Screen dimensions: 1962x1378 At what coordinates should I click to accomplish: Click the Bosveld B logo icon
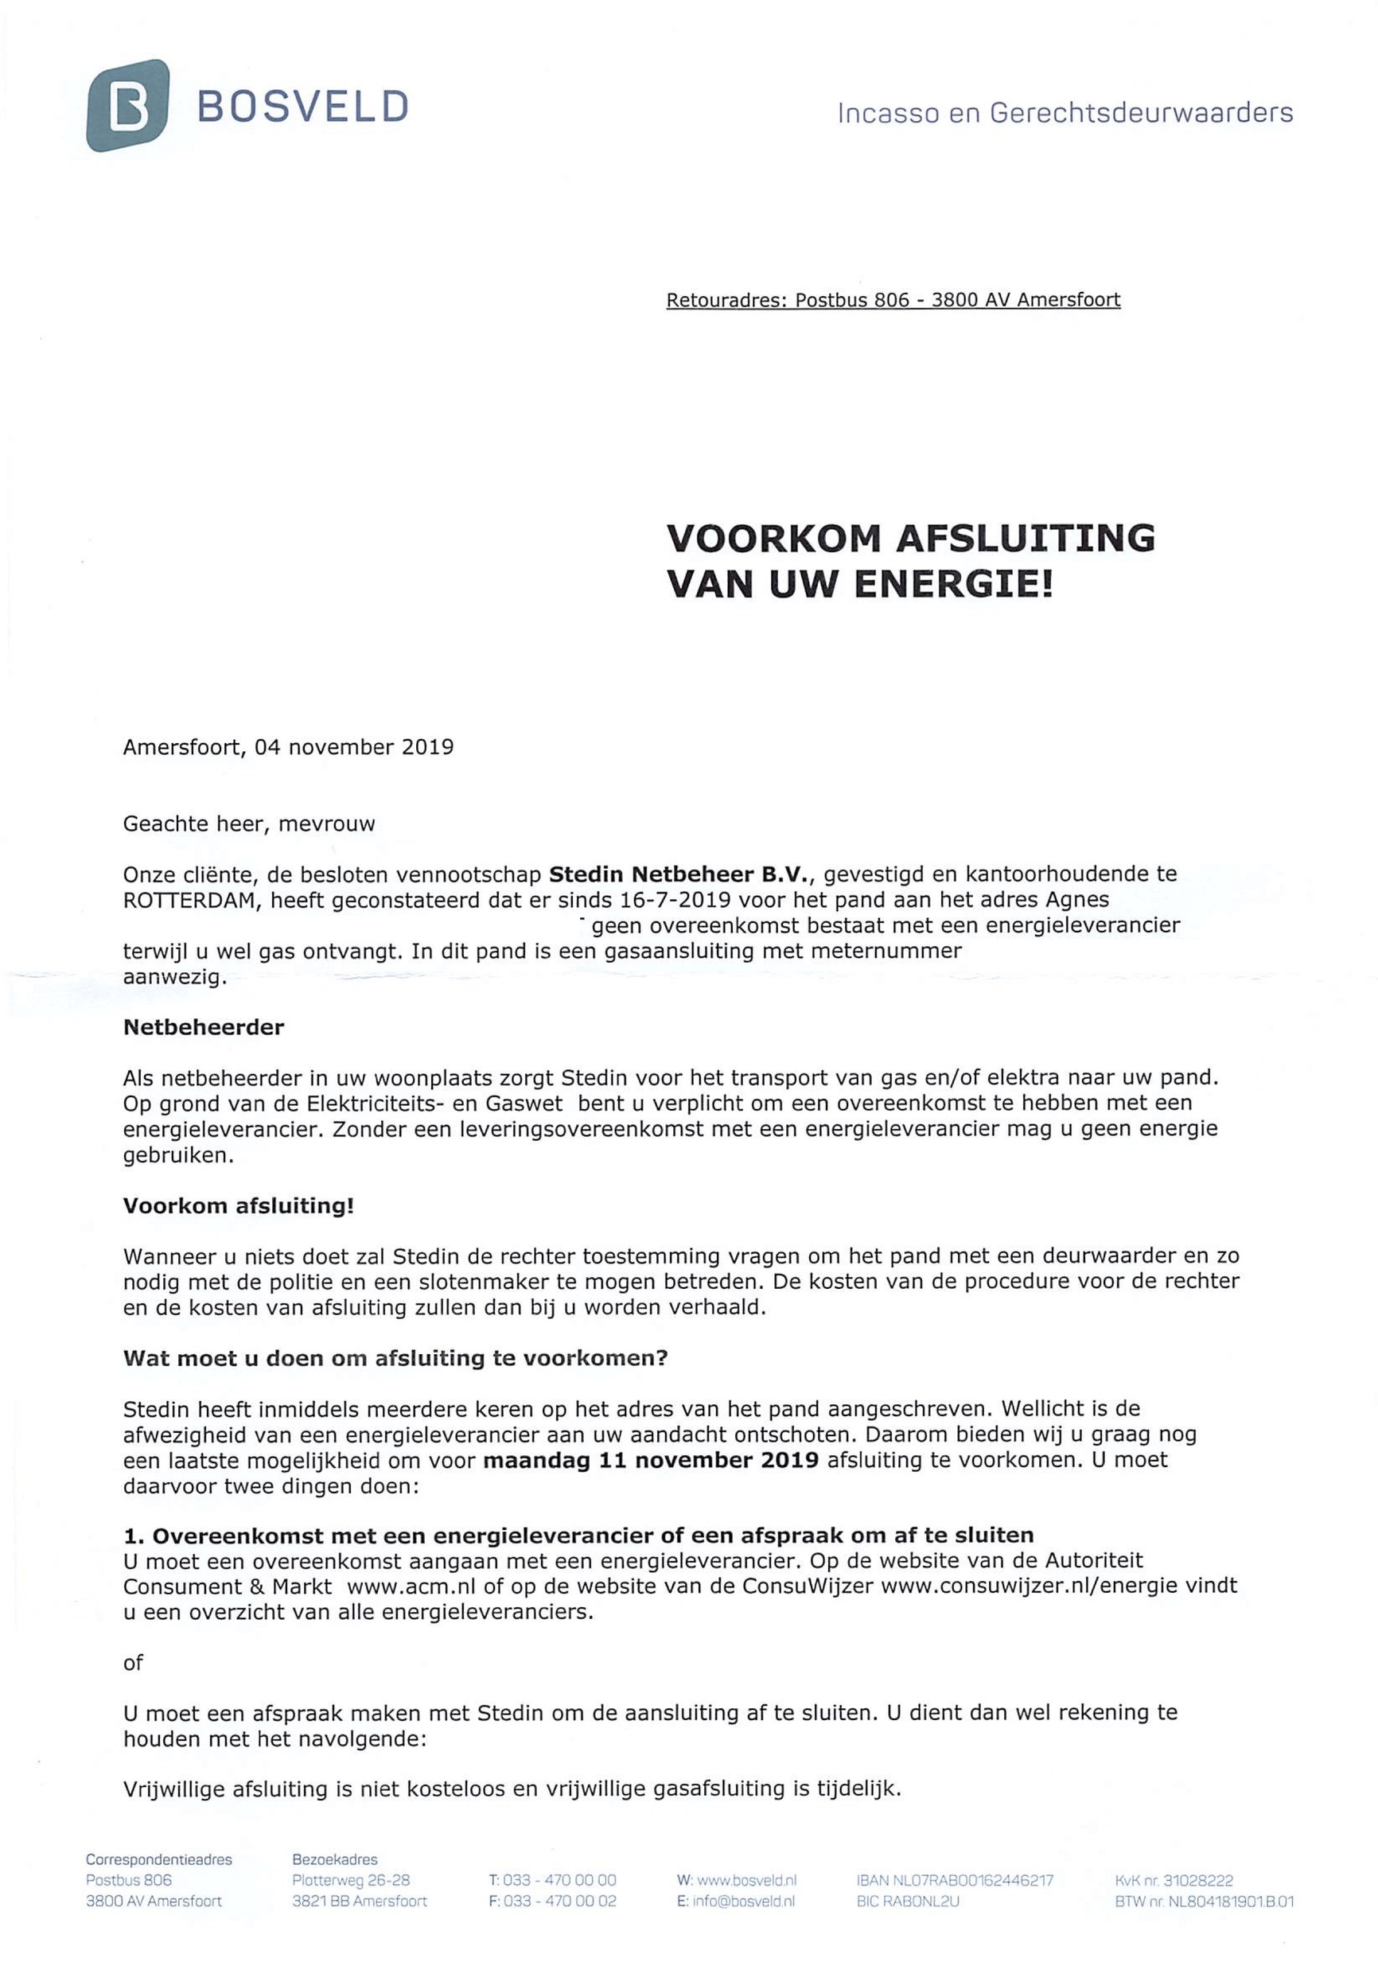click(x=127, y=106)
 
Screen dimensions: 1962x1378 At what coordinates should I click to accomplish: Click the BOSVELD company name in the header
click(x=302, y=107)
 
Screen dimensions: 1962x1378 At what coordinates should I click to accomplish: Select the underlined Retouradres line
click(x=893, y=300)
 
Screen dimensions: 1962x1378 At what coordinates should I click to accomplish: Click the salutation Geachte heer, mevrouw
click(x=248, y=823)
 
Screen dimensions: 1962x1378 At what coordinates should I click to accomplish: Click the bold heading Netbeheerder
click(x=204, y=1027)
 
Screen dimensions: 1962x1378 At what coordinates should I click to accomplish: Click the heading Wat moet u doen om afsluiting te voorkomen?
click(x=395, y=1359)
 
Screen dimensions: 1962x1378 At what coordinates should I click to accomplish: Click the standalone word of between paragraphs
click(x=134, y=1663)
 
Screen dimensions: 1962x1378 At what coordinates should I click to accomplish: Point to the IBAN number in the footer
click(x=954, y=1881)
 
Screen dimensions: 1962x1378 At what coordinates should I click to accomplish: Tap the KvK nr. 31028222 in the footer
click(x=1174, y=1881)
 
